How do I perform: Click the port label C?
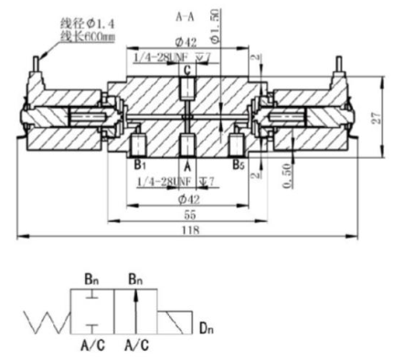(187, 69)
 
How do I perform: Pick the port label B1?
(139, 166)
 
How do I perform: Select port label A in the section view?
(187, 167)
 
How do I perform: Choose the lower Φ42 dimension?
(187, 197)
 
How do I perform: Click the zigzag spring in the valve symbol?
(48, 320)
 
